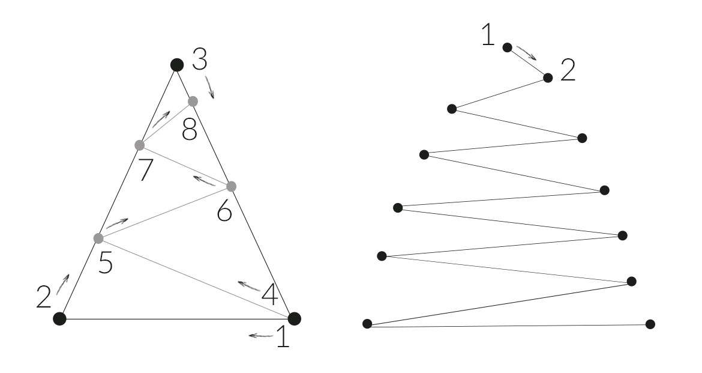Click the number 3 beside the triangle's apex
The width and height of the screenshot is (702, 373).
[200, 60]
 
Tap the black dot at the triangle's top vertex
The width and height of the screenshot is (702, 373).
[176, 64]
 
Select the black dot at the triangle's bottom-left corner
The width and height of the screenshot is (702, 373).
[59, 318]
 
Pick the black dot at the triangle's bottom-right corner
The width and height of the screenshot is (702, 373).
[294, 318]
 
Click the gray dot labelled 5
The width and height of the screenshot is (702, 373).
[99, 238]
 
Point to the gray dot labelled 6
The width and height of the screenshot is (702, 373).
[232, 186]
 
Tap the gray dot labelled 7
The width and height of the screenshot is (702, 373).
[140, 145]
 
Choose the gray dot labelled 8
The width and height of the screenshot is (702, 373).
[193, 101]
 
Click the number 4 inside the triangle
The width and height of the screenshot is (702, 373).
[269, 295]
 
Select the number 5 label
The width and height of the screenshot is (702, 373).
[106, 262]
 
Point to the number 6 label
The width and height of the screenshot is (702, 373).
[224, 211]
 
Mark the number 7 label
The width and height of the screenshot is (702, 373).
[146, 169]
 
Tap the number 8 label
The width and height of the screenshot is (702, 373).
[189, 129]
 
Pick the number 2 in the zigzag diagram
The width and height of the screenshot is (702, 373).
[567, 71]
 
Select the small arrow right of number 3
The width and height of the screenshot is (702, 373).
[210, 87]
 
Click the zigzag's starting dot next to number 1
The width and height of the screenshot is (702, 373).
[507, 47]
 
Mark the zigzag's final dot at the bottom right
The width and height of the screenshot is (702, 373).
[650, 324]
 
